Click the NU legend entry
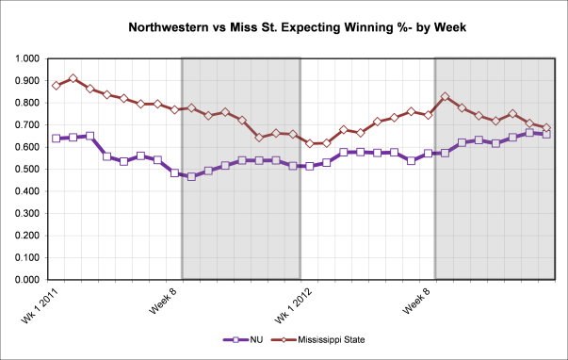tap(246, 339)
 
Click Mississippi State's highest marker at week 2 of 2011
tap(73, 78)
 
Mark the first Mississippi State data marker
tap(57, 85)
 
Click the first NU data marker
tap(57, 139)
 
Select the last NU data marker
tap(546, 134)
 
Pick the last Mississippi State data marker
tap(546, 128)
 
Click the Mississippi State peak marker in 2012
tap(445, 96)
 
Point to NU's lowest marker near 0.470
tap(191, 176)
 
